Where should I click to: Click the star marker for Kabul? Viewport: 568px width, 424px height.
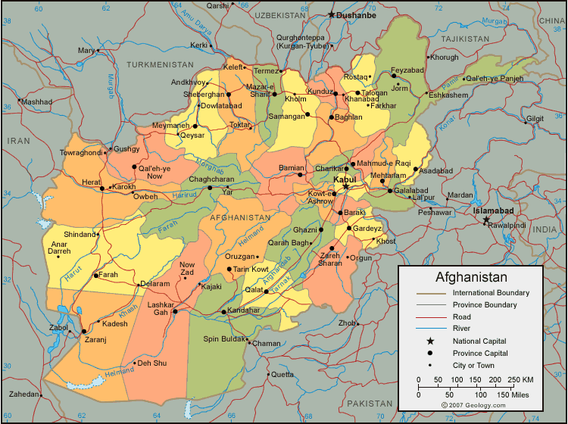pyautogui.click(x=345, y=186)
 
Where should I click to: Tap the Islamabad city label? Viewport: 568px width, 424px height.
pyautogui.click(x=494, y=210)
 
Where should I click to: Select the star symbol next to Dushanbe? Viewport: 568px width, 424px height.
pyautogui.click(x=331, y=14)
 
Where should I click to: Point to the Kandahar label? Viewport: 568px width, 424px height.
pyautogui.click(x=243, y=310)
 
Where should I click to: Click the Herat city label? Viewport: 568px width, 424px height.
pyautogui.click(x=91, y=182)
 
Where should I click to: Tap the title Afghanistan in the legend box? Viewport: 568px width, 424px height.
pyautogui.click(x=470, y=277)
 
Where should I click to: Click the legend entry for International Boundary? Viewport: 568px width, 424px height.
pyautogui.click(x=491, y=292)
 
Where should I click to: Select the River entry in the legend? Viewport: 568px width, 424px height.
pyautogui.click(x=462, y=329)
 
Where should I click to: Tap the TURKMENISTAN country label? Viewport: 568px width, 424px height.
pyautogui.click(x=161, y=65)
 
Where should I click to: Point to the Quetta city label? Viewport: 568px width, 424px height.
pyautogui.click(x=282, y=374)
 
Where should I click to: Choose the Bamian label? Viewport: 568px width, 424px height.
pyautogui.click(x=292, y=167)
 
